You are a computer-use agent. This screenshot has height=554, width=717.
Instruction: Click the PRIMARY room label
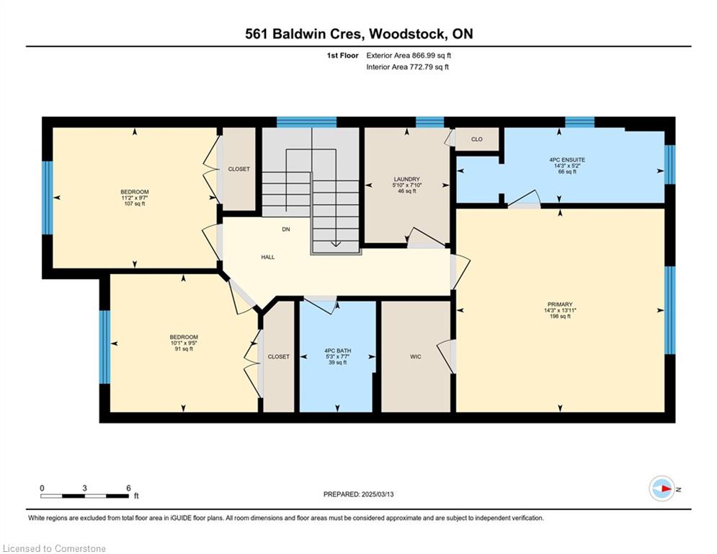click(x=560, y=304)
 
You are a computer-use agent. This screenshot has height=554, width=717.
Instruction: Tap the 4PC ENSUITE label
click(x=567, y=160)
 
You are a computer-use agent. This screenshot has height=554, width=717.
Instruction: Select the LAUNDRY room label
click(x=406, y=179)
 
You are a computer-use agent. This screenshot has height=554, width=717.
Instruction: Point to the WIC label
click(x=415, y=356)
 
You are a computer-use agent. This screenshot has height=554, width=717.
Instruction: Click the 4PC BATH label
click(x=337, y=351)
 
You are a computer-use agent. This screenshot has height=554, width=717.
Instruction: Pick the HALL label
click(x=268, y=258)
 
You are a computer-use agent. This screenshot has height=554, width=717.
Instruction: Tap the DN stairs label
click(x=286, y=229)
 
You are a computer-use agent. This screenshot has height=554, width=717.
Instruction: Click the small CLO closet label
click(x=476, y=139)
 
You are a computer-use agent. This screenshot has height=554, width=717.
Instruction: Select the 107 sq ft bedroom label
click(x=135, y=198)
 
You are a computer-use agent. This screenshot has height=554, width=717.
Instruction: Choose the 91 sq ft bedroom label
click(x=183, y=343)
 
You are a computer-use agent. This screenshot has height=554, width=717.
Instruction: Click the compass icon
click(x=662, y=488)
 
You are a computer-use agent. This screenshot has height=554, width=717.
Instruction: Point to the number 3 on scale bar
click(x=84, y=488)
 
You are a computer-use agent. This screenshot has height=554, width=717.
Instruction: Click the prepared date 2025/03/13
click(x=378, y=494)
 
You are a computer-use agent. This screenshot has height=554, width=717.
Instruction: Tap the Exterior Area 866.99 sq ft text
click(x=409, y=56)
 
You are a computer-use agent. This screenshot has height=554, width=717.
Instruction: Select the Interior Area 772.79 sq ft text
click(x=407, y=67)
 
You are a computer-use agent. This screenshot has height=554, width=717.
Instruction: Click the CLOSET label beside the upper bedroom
click(x=239, y=169)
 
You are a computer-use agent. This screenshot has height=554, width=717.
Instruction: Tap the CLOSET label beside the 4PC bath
click(x=278, y=356)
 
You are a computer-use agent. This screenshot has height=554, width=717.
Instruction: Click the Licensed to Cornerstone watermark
click(x=54, y=548)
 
